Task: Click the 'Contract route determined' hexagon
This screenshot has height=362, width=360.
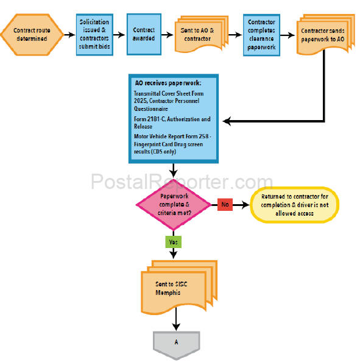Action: click(32, 35)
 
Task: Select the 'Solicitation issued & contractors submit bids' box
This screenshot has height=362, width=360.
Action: click(94, 35)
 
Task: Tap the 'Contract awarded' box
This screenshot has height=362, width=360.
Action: click(144, 34)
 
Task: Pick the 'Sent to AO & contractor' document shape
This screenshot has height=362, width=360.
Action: click(201, 34)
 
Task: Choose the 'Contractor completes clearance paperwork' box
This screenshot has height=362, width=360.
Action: click(261, 35)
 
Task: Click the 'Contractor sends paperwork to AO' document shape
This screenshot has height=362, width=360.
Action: click(325, 35)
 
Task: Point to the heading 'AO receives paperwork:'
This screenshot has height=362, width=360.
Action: click(168, 83)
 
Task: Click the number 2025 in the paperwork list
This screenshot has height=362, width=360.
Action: click(141, 101)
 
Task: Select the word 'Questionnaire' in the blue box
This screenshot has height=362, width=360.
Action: click(151, 108)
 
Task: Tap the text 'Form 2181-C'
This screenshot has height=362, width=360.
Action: click(149, 119)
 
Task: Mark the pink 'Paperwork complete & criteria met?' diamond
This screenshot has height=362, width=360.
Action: click(174, 205)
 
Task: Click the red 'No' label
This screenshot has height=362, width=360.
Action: click(225, 204)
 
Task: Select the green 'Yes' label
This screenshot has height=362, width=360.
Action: click(174, 242)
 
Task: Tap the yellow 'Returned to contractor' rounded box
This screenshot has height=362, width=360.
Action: click(295, 205)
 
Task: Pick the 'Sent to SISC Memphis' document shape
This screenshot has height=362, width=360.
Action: click(179, 288)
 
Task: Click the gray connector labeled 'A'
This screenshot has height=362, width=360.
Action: click(176, 344)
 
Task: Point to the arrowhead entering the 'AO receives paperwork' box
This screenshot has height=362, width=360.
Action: click(227, 121)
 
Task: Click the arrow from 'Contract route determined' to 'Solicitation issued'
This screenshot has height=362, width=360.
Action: click(69, 35)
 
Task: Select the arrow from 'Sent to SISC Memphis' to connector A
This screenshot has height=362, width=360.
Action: click(176, 319)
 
